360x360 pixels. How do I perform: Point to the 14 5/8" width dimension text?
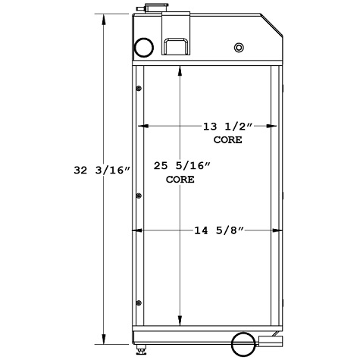pyautogui.click(x=216, y=230)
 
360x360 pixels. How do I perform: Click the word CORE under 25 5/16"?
pyautogui.click(x=180, y=180)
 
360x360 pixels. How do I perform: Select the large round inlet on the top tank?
pyautogui.click(x=143, y=48)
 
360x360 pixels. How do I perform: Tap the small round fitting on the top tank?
pyautogui.click(x=239, y=49)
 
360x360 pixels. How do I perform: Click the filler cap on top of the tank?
pyautogui.click(x=149, y=8)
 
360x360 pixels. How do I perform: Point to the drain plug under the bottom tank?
pyautogui.click(x=142, y=352)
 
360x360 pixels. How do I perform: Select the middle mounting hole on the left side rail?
pyautogui.click(x=138, y=196)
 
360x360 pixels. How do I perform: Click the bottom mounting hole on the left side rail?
pyautogui.click(x=138, y=303)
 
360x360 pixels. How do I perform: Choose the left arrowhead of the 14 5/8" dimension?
pyautogui.click(x=139, y=230)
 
